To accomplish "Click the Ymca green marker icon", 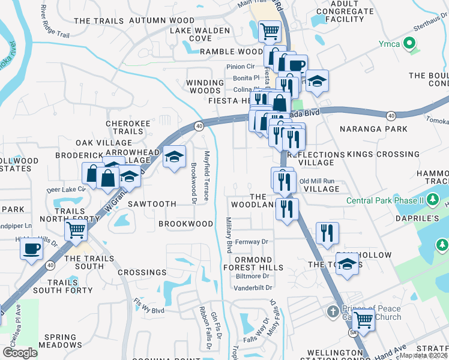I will tap(411, 43).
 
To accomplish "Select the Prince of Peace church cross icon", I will tap(334, 312).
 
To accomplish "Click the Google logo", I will tap(20, 353).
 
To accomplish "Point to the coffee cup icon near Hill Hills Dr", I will tap(31, 248).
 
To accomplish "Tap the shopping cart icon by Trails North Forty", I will tap(76, 229).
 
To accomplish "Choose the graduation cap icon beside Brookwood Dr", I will tap(174, 157).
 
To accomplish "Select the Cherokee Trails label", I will tap(124, 127).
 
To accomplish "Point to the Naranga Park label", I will tap(365, 128).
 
